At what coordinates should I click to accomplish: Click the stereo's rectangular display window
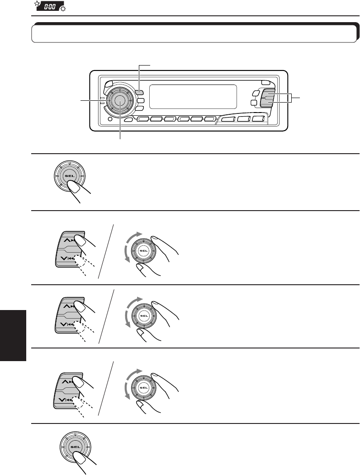click(x=193, y=97)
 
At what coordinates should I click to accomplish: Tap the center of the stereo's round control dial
click(x=119, y=100)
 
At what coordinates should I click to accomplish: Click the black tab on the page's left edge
click(x=13, y=334)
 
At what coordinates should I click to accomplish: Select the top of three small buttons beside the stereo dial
click(x=140, y=93)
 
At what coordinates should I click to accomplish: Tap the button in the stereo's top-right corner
click(x=265, y=83)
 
